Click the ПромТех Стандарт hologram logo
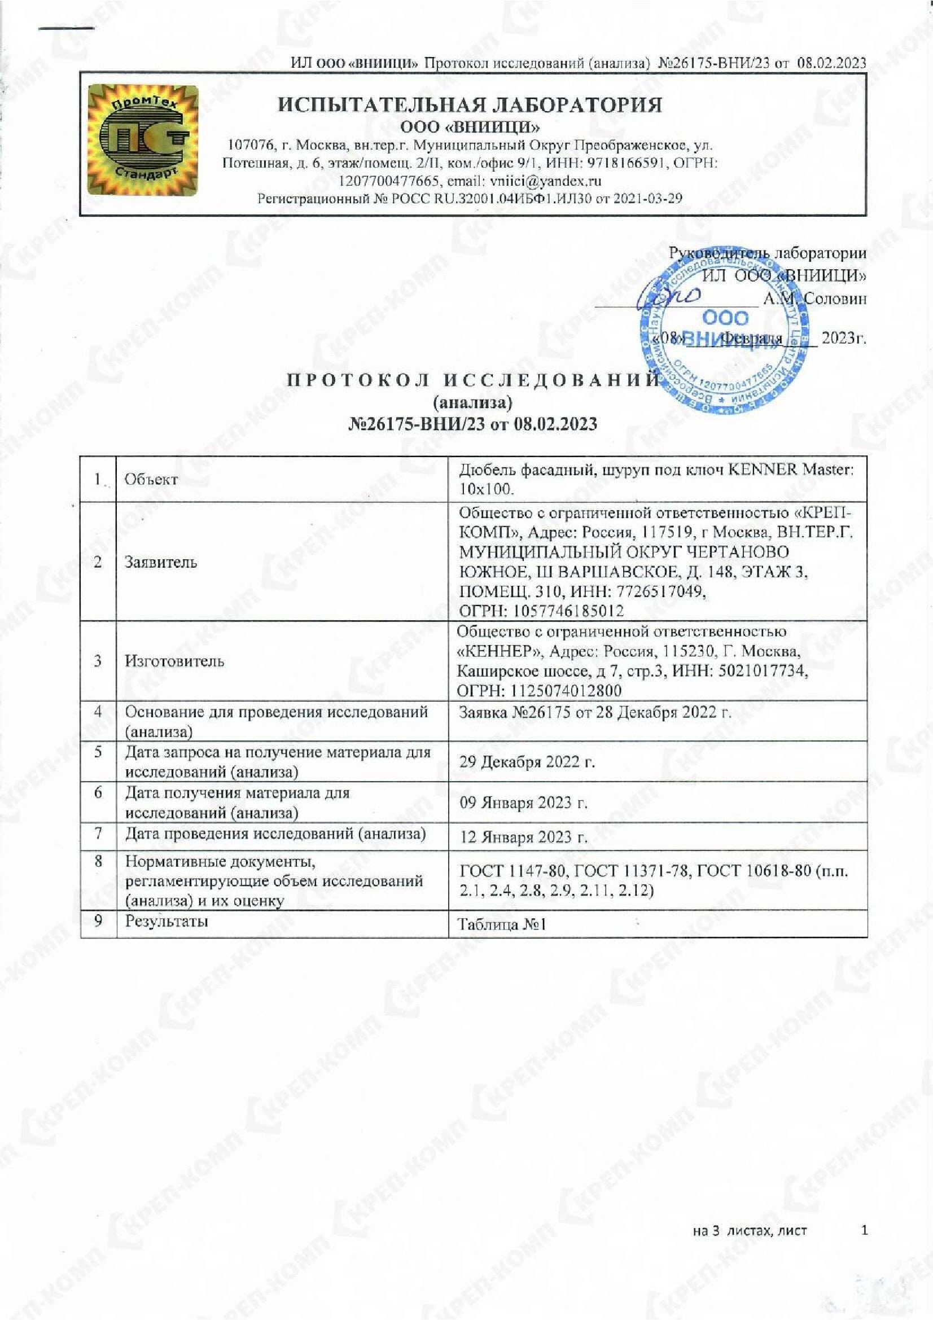(142, 141)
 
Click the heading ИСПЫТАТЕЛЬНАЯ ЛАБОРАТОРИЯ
(470, 104)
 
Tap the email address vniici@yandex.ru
(545, 181)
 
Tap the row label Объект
(151, 480)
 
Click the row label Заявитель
(161, 562)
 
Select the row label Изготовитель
(174, 661)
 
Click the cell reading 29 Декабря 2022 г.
(527, 762)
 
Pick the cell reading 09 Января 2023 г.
(524, 802)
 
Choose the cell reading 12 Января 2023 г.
(524, 837)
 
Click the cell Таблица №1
(501, 924)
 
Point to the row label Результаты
(167, 920)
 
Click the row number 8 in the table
(98, 862)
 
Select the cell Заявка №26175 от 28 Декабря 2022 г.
(595, 713)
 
